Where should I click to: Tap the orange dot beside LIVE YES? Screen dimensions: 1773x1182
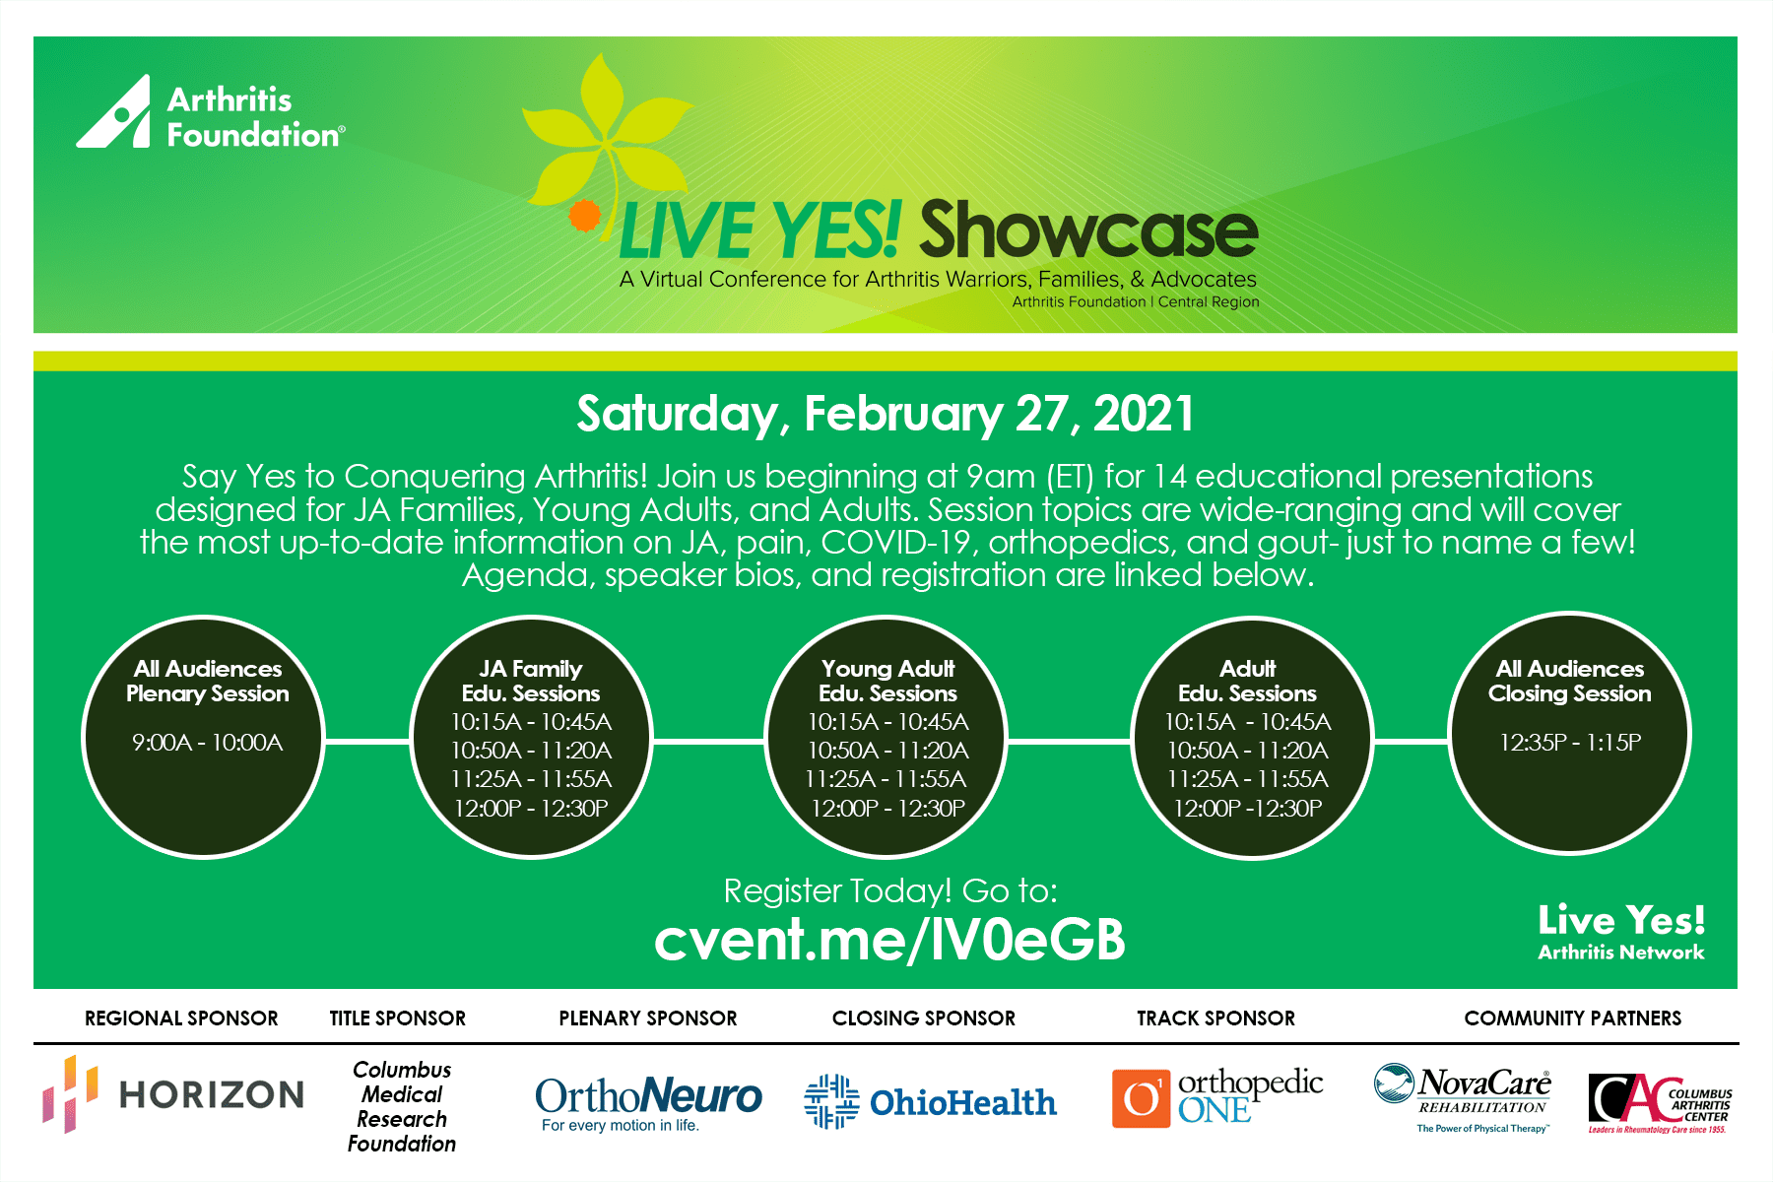point(585,215)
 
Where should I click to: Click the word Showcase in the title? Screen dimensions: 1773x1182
point(1088,230)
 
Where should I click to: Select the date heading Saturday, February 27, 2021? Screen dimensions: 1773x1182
point(885,414)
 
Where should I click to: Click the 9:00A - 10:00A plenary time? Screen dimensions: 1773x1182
point(208,743)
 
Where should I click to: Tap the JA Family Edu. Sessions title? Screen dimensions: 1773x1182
point(531,681)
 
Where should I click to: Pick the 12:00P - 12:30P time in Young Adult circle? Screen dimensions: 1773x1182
point(887,809)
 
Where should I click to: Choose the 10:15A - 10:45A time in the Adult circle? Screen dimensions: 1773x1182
point(1247,722)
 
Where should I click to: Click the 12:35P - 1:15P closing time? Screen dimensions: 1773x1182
point(1570,743)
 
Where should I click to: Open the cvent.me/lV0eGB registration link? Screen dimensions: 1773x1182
point(889,940)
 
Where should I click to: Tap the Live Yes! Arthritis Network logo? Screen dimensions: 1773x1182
point(1621,931)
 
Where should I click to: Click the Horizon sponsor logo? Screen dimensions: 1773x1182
point(173,1094)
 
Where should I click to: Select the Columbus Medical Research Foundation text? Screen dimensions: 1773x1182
point(402,1106)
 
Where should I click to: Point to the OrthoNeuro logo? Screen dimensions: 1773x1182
point(648,1103)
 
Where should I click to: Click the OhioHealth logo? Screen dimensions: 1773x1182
point(930,1101)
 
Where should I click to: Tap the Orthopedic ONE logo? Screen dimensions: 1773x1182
point(1217,1097)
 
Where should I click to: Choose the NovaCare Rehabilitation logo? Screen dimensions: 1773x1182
point(1463,1097)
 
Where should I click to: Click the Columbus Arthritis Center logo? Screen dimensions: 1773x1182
point(1660,1103)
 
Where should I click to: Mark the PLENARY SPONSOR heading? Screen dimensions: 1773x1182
point(648,1018)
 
